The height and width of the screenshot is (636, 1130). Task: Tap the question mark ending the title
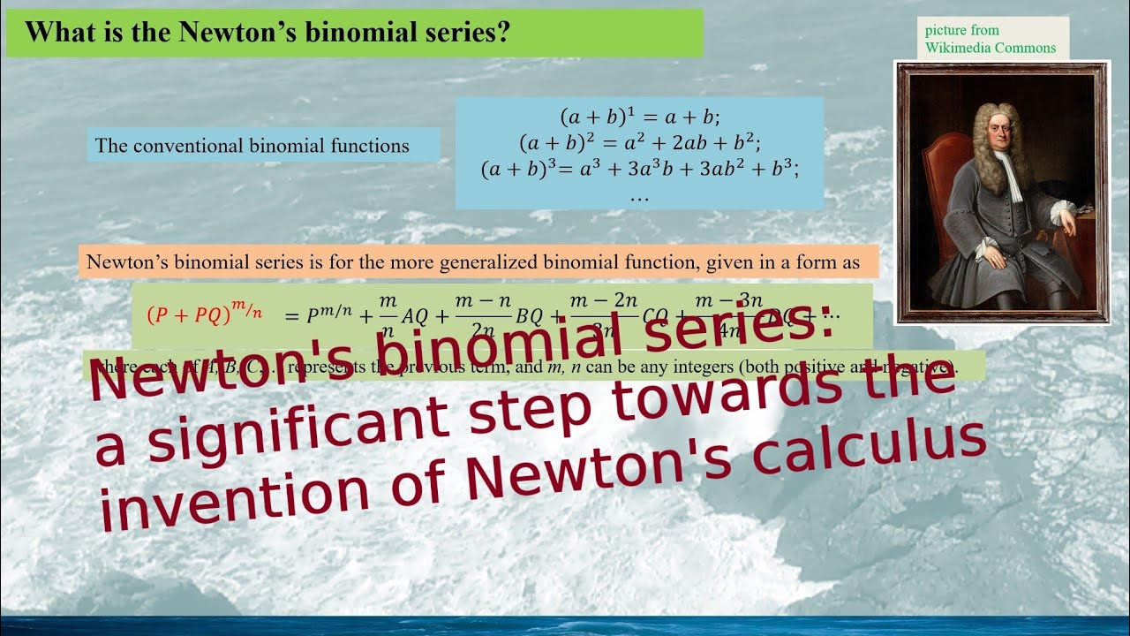pyautogui.click(x=504, y=33)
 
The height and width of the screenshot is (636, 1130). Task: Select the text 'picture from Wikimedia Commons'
pyautogui.click(x=990, y=39)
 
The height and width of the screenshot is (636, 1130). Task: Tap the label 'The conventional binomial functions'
pyautogui.click(x=252, y=146)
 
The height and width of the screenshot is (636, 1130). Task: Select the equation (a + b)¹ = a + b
pyautogui.click(x=640, y=117)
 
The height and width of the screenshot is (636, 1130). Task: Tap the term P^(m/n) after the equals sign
pyautogui.click(x=326, y=315)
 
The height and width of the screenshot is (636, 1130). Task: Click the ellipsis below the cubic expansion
pyautogui.click(x=640, y=196)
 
